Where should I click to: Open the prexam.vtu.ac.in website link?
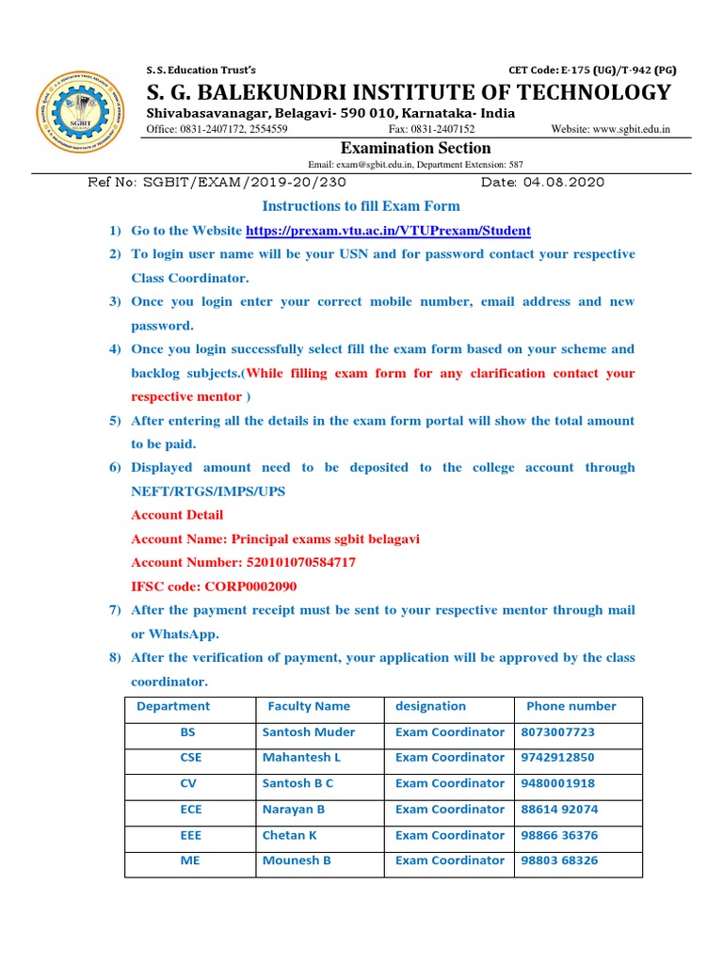[388, 231]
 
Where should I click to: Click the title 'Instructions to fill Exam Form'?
[361, 206]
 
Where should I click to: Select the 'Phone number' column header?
[570, 706]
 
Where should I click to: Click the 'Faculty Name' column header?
[309, 706]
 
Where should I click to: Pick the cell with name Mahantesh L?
[301, 758]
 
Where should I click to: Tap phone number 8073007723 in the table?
[557, 732]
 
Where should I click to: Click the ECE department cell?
[190, 810]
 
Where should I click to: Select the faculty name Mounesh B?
[297, 861]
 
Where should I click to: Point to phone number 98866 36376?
[559, 836]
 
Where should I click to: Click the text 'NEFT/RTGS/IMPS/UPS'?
[209, 491]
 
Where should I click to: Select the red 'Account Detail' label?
[177, 515]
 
